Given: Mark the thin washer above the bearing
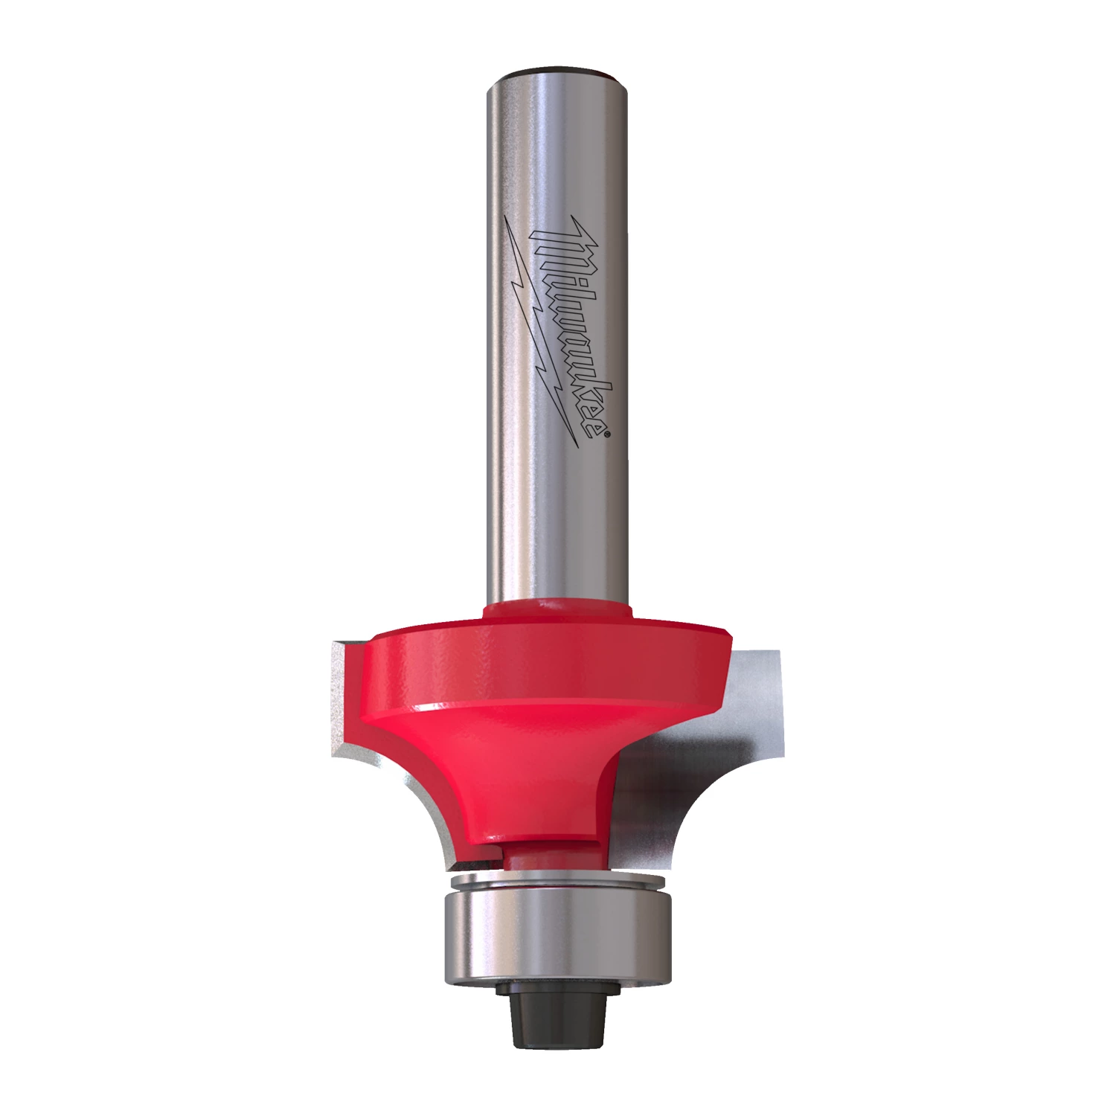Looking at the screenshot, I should tap(557, 883).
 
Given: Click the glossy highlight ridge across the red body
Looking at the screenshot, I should tap(551, 705).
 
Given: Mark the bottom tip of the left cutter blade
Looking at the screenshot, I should tap(447, 868).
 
